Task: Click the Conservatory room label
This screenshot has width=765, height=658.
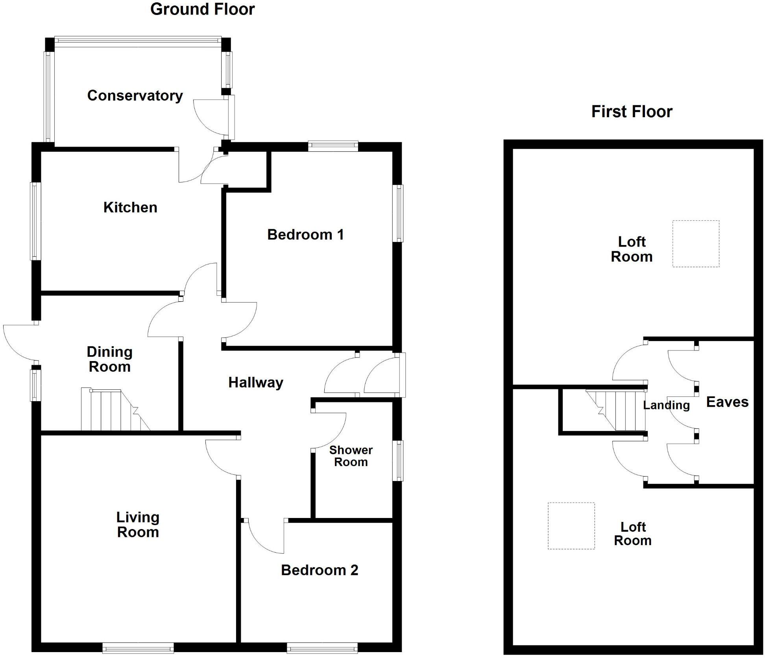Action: (135, 96)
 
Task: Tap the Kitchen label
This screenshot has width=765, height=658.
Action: (130, 207)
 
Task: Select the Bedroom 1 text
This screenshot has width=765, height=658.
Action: (305, 235)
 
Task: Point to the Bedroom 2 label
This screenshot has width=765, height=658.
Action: (320, 570)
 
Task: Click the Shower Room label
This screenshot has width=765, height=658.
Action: (351, 456)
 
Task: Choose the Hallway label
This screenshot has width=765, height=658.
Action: (256, 382)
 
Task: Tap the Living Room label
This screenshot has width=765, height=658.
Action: (138, 525)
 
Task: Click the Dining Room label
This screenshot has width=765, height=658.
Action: (109, 359)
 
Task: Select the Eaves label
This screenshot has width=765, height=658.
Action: (727, 402)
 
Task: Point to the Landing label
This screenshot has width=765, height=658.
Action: (666, 405)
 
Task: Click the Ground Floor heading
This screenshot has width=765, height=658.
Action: (203, 9)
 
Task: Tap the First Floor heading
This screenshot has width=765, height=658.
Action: (632, 112)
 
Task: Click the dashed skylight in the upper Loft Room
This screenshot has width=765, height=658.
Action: (695, 244)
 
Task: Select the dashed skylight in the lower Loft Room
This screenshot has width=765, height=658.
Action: (571, 525)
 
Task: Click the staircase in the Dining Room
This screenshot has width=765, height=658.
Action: (114, 410)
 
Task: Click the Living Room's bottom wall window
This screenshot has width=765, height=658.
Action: (138, 647)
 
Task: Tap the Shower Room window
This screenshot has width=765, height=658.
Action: (399, 461)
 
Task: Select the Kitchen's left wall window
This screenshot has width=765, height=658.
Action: (36, 221)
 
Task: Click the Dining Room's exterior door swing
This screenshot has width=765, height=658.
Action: (20, 342)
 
